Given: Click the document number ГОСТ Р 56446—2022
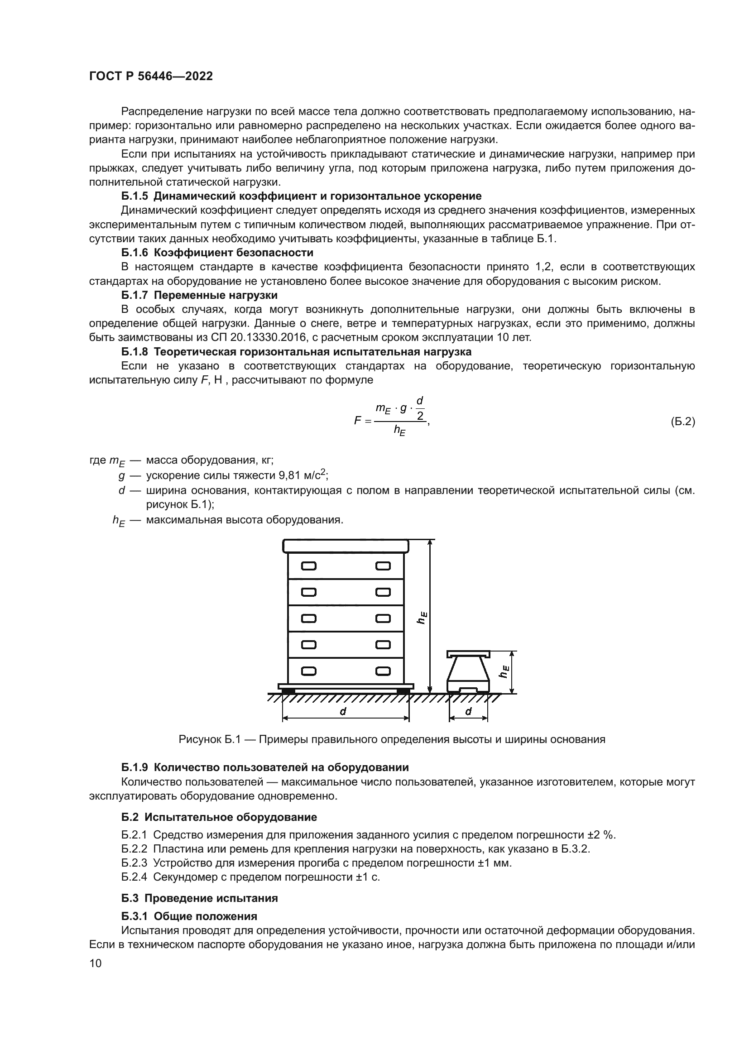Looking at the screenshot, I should [151, 77].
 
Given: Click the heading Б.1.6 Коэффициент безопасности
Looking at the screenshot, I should [217, 253].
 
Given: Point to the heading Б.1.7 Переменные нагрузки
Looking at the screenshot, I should [199, 295].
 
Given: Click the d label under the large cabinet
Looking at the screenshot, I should [343, 711].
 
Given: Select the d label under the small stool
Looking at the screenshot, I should [468, 711].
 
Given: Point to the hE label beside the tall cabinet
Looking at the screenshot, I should [422, 618].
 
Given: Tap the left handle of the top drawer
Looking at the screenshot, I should [308, 566].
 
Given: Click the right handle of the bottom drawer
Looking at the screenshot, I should [383, 671].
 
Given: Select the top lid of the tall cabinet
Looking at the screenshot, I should [346, 546].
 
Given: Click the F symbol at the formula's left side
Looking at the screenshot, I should [357, 420].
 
